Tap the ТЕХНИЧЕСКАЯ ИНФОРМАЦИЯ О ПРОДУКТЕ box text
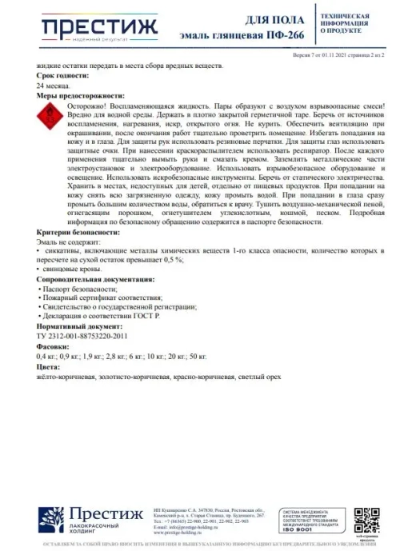(x=345, y=25)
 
